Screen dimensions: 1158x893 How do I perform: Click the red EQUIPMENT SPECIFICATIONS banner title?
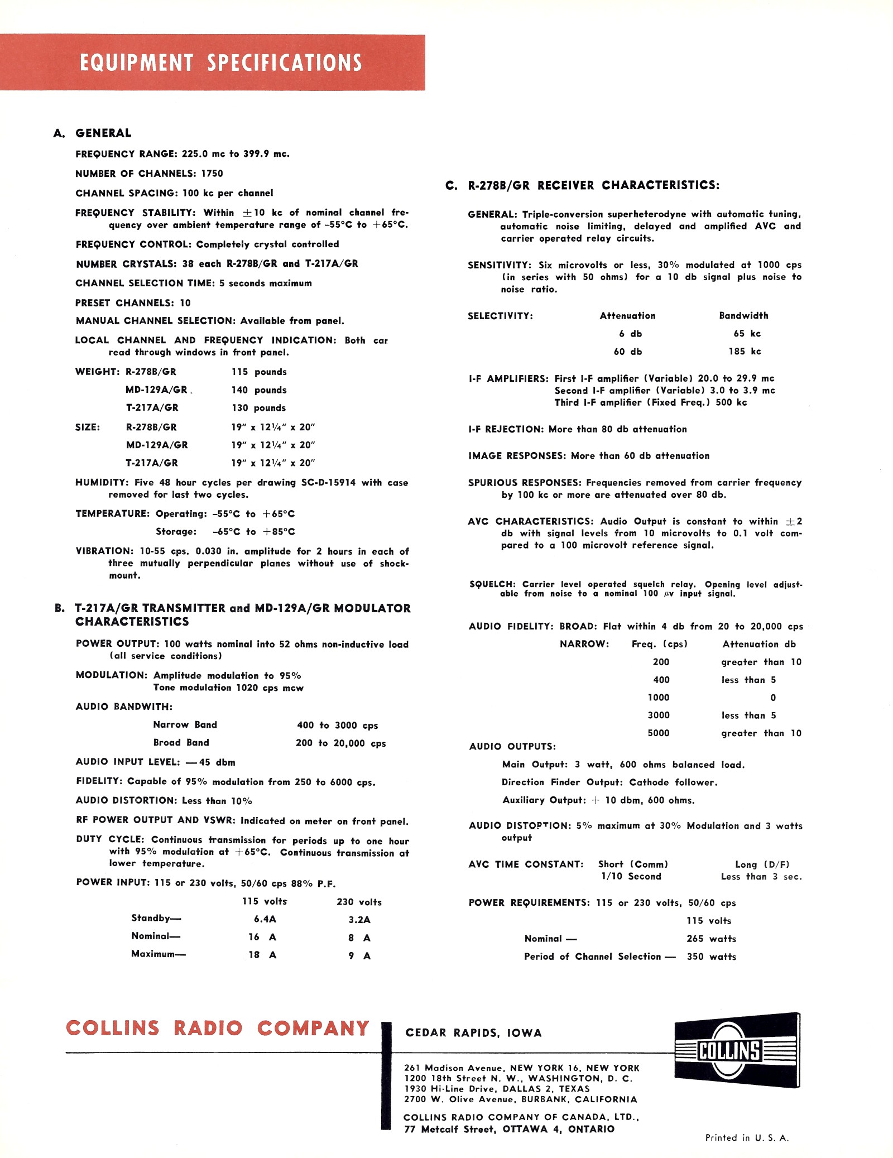pos(220,63)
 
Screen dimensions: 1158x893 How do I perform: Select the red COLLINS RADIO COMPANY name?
pos(218,1028)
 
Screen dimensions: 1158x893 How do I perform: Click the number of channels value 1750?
pos(212,174)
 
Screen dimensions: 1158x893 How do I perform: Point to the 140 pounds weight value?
pos(258,390)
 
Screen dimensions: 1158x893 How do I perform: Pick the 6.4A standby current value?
pos(265,919)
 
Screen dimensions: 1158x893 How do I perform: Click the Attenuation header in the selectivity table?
pos(627,316)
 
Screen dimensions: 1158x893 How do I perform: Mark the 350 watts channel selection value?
pos(711,957)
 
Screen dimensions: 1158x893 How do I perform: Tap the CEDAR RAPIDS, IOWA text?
pos(473,1033)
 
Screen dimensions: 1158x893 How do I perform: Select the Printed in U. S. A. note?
pos(747,1138)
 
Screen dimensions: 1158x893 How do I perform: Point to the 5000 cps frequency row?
pos(659,733)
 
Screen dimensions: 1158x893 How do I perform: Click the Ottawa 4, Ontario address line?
pos(509,1130)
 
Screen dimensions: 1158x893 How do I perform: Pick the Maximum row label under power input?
pos(158,954)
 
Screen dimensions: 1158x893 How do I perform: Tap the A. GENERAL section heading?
pos(93,133)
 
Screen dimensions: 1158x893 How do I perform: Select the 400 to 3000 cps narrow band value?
pos(337,725)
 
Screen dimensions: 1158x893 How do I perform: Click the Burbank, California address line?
pos(520,1099)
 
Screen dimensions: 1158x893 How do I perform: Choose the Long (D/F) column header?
pos(762,864)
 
